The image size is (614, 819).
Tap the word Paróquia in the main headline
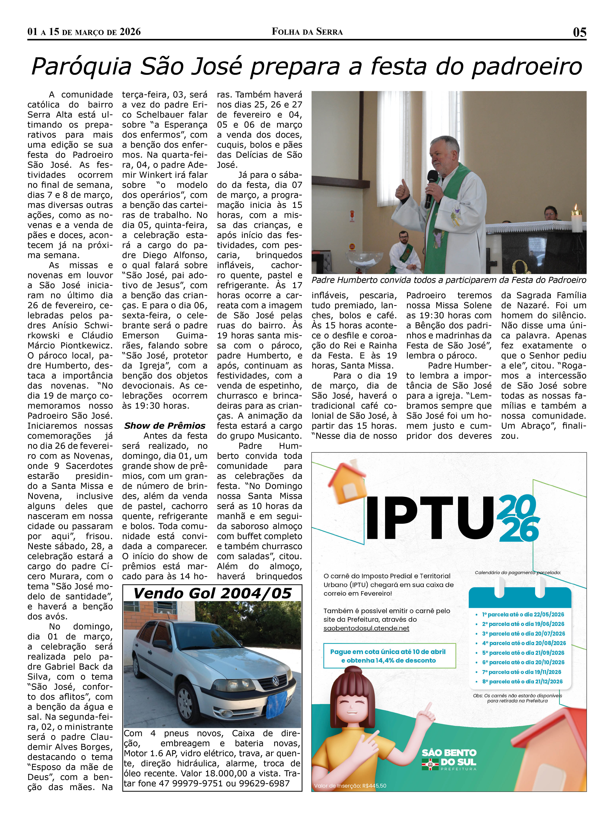tap(81, 67)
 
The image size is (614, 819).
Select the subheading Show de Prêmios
tap(165, 425)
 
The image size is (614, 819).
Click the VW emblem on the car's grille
tap(275, 680)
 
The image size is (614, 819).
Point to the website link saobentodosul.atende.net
tap(366, 628)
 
